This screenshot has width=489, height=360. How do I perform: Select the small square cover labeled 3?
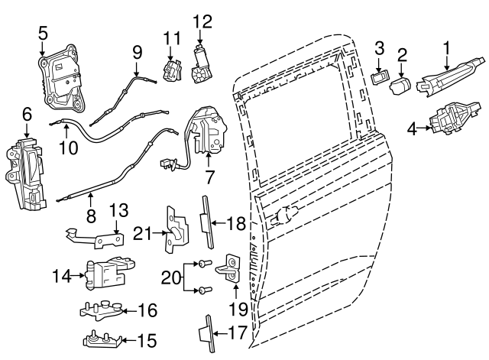[x=378, y=77]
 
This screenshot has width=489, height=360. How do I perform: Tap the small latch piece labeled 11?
[x=171, y=68]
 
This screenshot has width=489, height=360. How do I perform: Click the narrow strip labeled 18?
[x=206, y=222]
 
